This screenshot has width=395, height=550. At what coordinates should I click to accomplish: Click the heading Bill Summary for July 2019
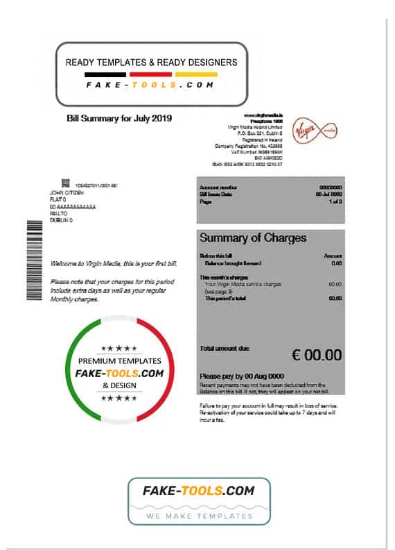119,119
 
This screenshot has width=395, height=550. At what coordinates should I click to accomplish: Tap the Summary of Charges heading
252,237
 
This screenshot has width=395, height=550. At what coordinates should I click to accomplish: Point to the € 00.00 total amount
317,355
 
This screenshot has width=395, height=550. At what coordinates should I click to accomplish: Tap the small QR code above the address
66,183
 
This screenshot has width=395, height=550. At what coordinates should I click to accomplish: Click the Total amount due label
224,348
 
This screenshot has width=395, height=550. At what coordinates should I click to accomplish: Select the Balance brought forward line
233,264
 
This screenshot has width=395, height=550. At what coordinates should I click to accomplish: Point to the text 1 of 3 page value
335,201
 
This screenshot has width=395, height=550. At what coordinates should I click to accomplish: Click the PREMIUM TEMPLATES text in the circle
120,361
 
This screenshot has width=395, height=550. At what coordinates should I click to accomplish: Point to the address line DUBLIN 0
62,220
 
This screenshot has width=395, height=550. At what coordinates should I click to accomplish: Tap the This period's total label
229,297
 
